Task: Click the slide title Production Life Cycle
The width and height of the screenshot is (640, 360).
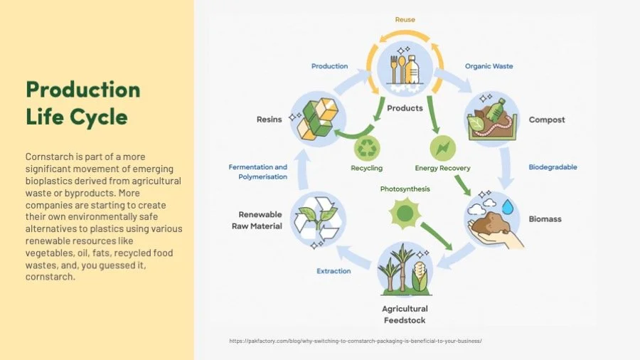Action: coord(82,102)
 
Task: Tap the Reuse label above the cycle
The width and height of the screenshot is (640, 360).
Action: coord(405,20)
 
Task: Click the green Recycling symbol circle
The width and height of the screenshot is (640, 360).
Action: coord(367,148)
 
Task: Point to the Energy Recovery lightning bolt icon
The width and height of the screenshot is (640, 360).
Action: coord(442,148)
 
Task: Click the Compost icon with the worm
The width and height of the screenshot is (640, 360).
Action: coord(490,118)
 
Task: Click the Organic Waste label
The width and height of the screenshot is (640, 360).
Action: coord(489,66)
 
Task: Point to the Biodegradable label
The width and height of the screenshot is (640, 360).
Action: coord(553,167)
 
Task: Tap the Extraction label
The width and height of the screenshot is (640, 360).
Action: coord(334,271)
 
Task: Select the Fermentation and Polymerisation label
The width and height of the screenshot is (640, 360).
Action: coord(257,172)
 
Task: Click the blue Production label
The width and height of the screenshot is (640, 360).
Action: coord(329,66)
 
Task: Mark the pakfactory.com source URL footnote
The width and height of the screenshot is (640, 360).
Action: coord(355,341)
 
